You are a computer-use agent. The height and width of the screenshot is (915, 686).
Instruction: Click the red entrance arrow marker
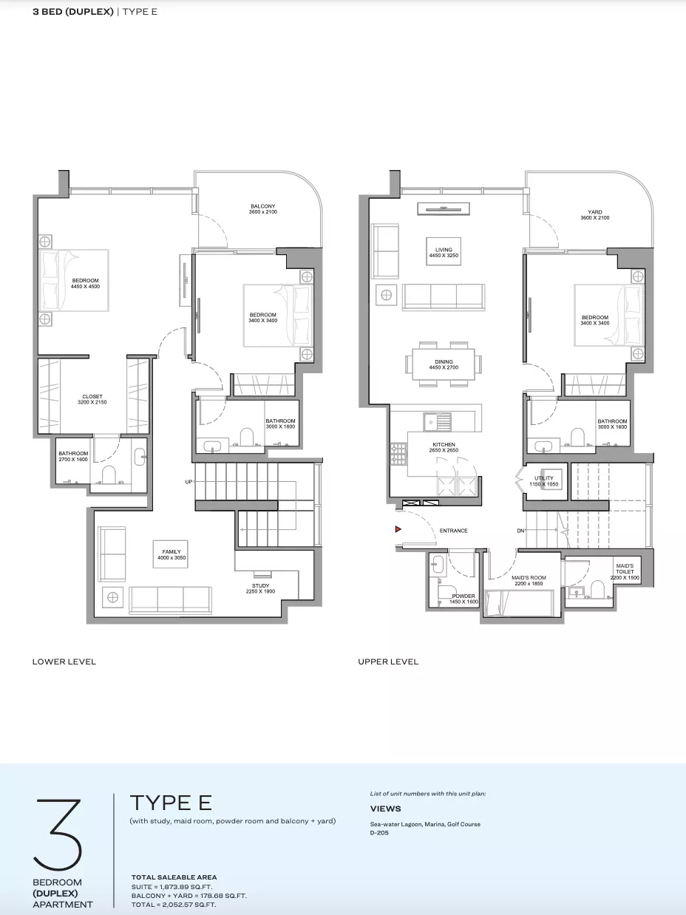point(398,529)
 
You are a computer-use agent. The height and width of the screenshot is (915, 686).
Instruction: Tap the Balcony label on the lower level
point(263,209)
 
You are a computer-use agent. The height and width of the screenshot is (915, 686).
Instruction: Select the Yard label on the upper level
point(595,214)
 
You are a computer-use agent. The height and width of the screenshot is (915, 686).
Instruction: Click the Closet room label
point(92,399)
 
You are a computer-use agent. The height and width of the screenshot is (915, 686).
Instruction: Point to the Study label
point(260,588)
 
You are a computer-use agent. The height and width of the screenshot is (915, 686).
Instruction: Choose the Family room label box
point(170,554)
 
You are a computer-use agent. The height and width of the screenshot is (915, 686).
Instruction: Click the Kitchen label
point(444,447)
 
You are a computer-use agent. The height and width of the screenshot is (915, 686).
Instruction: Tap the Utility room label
point(544,481)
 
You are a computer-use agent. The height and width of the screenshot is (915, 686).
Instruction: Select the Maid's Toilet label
point(625,571)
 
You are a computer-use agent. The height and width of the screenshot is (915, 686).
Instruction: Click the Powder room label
point(463,599)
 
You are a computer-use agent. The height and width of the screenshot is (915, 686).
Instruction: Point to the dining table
point(444,364)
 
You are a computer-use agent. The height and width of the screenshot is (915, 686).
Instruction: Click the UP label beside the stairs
point(189,482)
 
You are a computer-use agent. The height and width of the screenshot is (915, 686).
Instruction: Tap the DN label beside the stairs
point(520,531)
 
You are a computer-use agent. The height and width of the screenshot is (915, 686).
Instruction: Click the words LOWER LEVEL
point(64,661)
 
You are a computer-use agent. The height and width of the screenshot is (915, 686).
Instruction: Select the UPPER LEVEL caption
point(388,661)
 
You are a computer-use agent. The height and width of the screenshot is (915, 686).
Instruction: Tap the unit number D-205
point(379,833)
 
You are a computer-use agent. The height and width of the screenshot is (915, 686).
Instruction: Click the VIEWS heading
point(386,809)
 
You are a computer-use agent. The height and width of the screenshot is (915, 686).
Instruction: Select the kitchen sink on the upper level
point(436,421)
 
